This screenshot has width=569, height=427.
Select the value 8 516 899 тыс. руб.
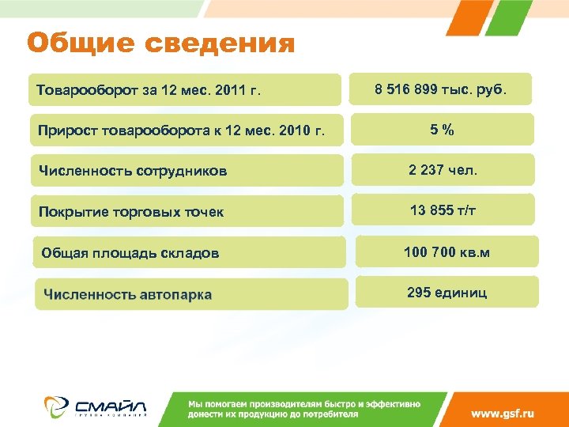click(441, 90)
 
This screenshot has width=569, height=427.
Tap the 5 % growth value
click(442, 130)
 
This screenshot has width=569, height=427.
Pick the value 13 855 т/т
click(443, 210)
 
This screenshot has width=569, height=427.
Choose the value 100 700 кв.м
click(447, 252)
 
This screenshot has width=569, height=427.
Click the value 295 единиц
click(447, 293)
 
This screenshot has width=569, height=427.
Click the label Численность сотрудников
click(133, 171)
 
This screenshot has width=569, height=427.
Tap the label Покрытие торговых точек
click(131, 212)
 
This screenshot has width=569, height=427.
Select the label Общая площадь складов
click(130, 254)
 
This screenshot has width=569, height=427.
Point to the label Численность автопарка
click(127, 295)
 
